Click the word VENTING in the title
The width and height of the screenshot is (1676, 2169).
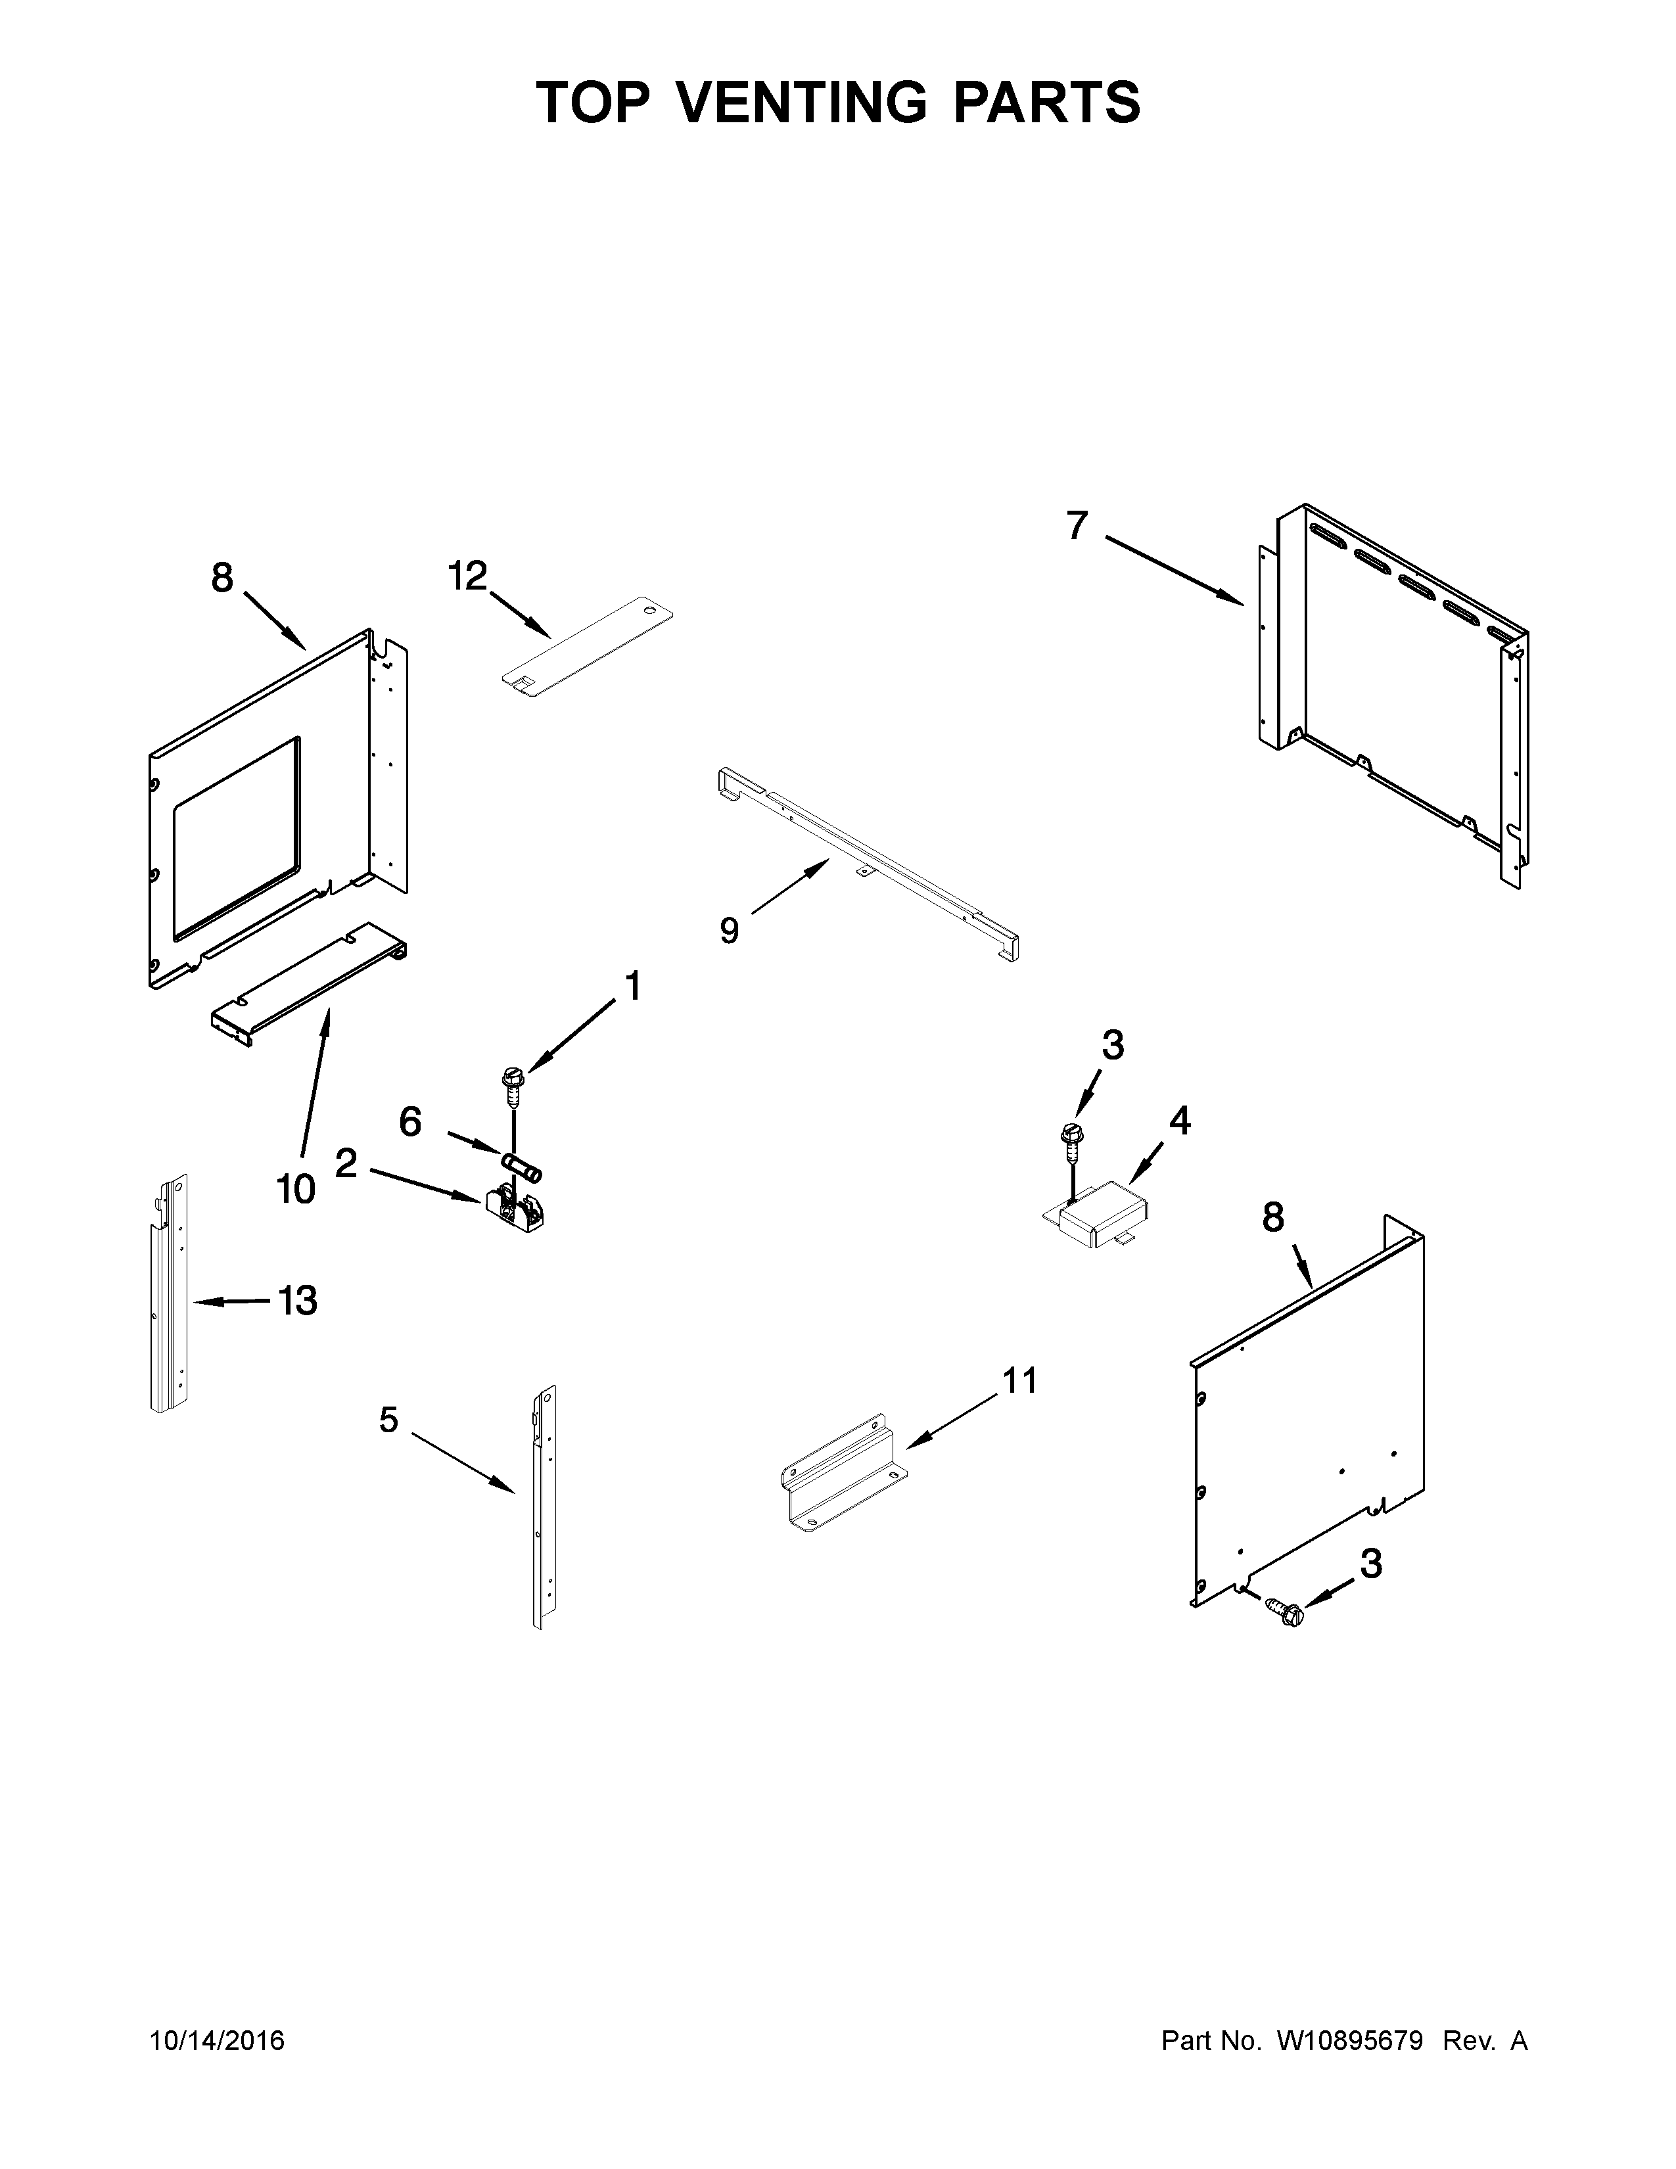pos(803,103)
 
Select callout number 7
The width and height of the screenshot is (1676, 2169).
pos(1077,525)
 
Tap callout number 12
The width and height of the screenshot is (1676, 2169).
pos(468,576)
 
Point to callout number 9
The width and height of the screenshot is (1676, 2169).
pos(729,931)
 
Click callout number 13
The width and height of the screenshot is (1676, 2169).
pos(298,1300)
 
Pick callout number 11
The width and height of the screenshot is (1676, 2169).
pos(1019,1380)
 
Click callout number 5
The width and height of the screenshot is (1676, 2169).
pos(388,1420)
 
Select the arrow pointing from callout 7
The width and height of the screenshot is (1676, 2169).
pos(1175,570)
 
